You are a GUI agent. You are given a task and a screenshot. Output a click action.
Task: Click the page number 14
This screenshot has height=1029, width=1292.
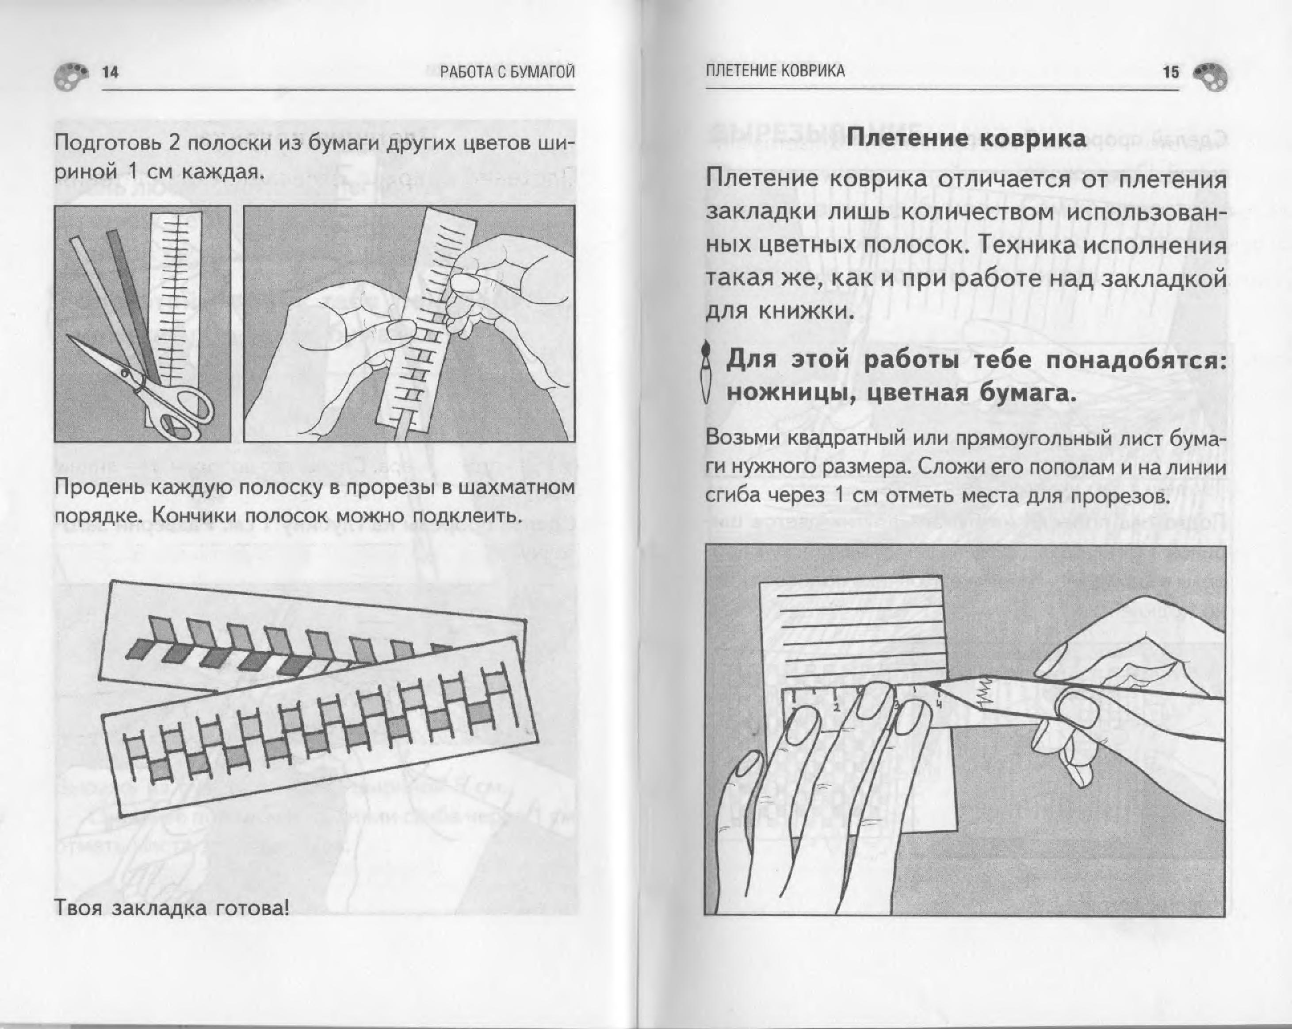[x=110, y=73]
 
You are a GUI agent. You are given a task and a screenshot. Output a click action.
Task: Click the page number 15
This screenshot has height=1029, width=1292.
[x=1170, y=73]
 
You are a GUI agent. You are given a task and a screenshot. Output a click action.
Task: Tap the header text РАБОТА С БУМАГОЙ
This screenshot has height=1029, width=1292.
[x=507, y=73]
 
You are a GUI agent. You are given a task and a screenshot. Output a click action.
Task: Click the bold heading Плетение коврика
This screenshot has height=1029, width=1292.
[x=966, y=139]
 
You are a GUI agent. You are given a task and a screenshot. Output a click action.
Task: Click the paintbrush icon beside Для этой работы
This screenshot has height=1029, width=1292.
[x=707, y=372]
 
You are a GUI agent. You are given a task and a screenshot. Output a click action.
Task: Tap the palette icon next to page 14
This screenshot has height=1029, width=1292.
[x=71, y=76]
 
